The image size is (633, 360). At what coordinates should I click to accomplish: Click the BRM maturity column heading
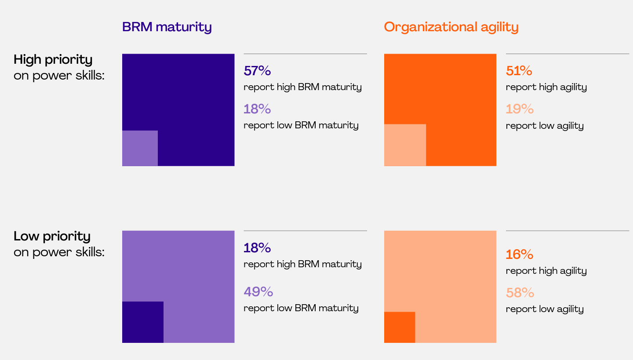click(x=167, y=27)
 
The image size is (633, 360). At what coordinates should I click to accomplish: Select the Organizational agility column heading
click(x=451, y=27)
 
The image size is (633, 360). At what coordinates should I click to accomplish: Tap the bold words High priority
click(x=53, y=59)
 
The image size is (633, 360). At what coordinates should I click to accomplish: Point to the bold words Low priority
click(x=52, y=236)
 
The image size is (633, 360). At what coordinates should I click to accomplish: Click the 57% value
click(x=257, y=71)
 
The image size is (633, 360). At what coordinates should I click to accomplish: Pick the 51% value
click(x=519, y=71)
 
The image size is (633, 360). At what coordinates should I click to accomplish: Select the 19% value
click(x=520, y=109)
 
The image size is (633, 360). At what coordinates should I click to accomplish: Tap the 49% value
click(x=258, y=291)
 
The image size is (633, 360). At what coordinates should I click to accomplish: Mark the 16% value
click(x=520, y=255)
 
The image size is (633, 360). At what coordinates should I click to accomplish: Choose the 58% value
click(x=520, y=292)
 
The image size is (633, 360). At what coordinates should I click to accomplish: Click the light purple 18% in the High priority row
click(x=257, y=109)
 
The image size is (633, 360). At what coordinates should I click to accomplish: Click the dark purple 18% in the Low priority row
click(x=257, y=248)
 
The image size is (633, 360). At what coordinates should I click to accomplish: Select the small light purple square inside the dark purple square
click(x=140, y=148)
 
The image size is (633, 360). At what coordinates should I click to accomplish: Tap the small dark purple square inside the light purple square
click(x=143, y=322)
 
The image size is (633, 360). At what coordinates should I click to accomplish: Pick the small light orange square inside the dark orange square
click(x=405, y=145)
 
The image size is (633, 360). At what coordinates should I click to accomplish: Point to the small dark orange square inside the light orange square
click(x=400, y=327)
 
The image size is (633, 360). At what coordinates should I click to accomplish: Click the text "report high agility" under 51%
click(x=546, y=87)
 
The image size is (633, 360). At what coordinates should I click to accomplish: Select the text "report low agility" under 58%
click(x=545, y=309)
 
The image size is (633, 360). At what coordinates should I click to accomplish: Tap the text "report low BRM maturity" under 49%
click(x=301, y=308)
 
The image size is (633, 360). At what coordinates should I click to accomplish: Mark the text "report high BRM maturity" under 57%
click(x=302, y=87)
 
